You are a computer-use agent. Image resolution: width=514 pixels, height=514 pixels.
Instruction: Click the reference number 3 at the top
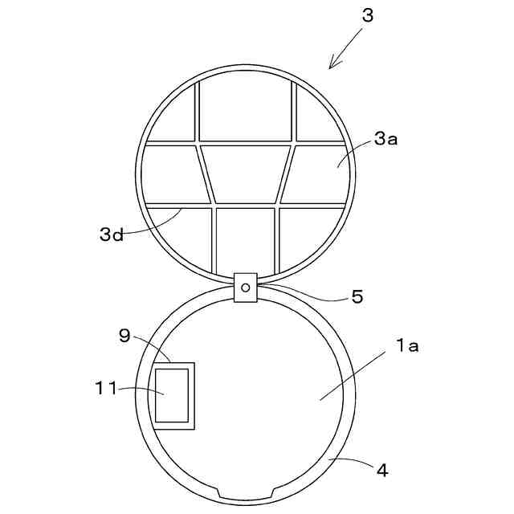pos(367,16)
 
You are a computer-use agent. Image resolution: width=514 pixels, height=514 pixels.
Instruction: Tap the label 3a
pos(385,139)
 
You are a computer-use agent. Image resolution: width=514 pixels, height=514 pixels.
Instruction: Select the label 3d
pos(112,235)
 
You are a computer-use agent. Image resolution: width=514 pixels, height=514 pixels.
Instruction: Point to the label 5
pos(357,296)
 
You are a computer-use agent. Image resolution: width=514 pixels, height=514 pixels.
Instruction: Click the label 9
pos(124,336)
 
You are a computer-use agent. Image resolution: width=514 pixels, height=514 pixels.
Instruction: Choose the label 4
pos(382,471)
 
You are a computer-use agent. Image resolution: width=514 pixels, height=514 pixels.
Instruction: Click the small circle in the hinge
pos(246,287)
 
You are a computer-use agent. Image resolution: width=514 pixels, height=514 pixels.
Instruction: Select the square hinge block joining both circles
pos(246,287)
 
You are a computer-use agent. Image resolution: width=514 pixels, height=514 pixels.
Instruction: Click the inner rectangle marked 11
pos(172,394)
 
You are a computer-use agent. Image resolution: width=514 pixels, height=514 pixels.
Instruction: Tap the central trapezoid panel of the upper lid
pos(246,173)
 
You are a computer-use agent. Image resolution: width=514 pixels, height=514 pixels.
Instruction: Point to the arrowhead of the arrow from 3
pos(332,67)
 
